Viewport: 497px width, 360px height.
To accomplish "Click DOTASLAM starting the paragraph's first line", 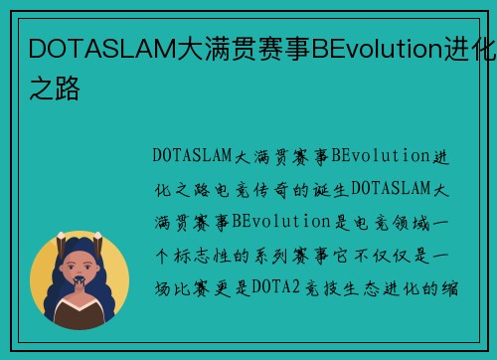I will click(193, 155).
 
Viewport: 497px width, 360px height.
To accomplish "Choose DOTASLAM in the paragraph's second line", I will click(392, 189).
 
